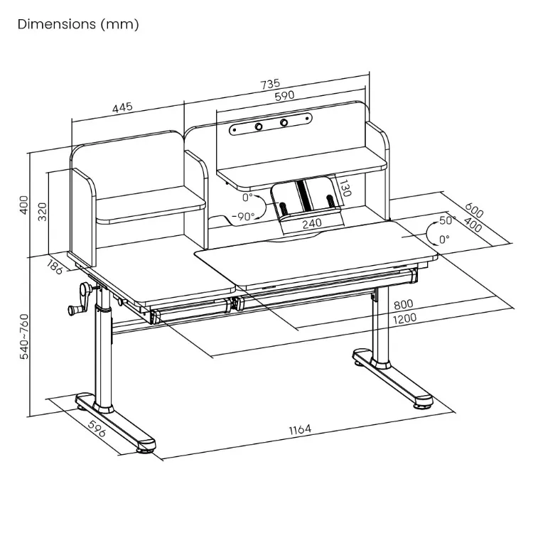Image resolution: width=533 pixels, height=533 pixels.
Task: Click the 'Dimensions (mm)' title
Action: [x=78, y=25]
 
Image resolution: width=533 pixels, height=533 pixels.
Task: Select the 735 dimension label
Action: [x=271, y=84]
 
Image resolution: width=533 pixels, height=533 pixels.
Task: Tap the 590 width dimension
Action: [x=285, y=96]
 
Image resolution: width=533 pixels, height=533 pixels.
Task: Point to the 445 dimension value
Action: [x=122, y=108]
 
